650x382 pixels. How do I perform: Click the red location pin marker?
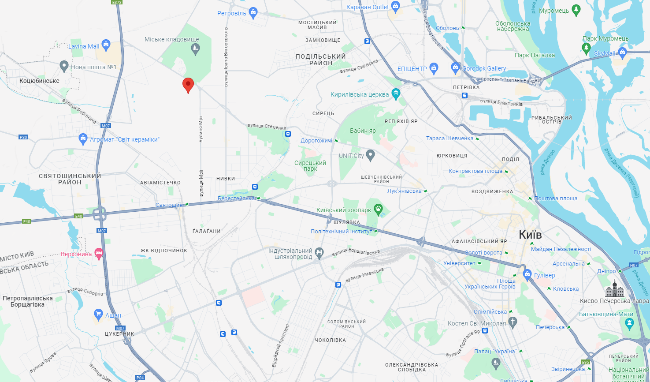pyautogui.click(x=188, y=84)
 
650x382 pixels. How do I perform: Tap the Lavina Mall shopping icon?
pyautogui.click(x=106, y=44)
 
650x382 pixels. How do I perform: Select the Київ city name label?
pyautogui.click(x=530, y=235)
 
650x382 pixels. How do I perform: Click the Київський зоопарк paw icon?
pyautogui.click(x=378, y=208)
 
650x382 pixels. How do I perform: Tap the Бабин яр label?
pyautogui.click(x=363, y=131)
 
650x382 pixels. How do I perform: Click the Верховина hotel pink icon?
pyautogui.click(x=99, y=254)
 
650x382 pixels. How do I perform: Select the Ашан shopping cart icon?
pyautogui.click(x=99, y=314)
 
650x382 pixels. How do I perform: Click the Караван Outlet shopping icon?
pyautogui.click(x=395, y=6)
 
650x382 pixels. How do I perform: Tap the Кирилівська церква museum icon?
pyautogui.click(x=396, y=93)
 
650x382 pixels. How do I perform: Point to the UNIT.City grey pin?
pyautogui.click(x=371, y=155)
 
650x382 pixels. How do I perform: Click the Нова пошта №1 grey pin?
pyautogui.click(x=64, y=66)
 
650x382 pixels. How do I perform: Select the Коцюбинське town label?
pyautogui.click(x=39, y=81)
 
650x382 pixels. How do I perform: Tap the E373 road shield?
pyautogui.click(x=117, y=2)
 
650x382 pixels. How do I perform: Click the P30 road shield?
pyautogui.click(x=23, y=137)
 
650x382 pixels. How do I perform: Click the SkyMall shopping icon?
pyautogui.click(x=623, y=52)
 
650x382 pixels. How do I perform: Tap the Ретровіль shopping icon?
pyautogui.click(x=253, y=12)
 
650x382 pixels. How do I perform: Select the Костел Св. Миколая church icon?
pyautogui.click(x=512, y=322)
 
